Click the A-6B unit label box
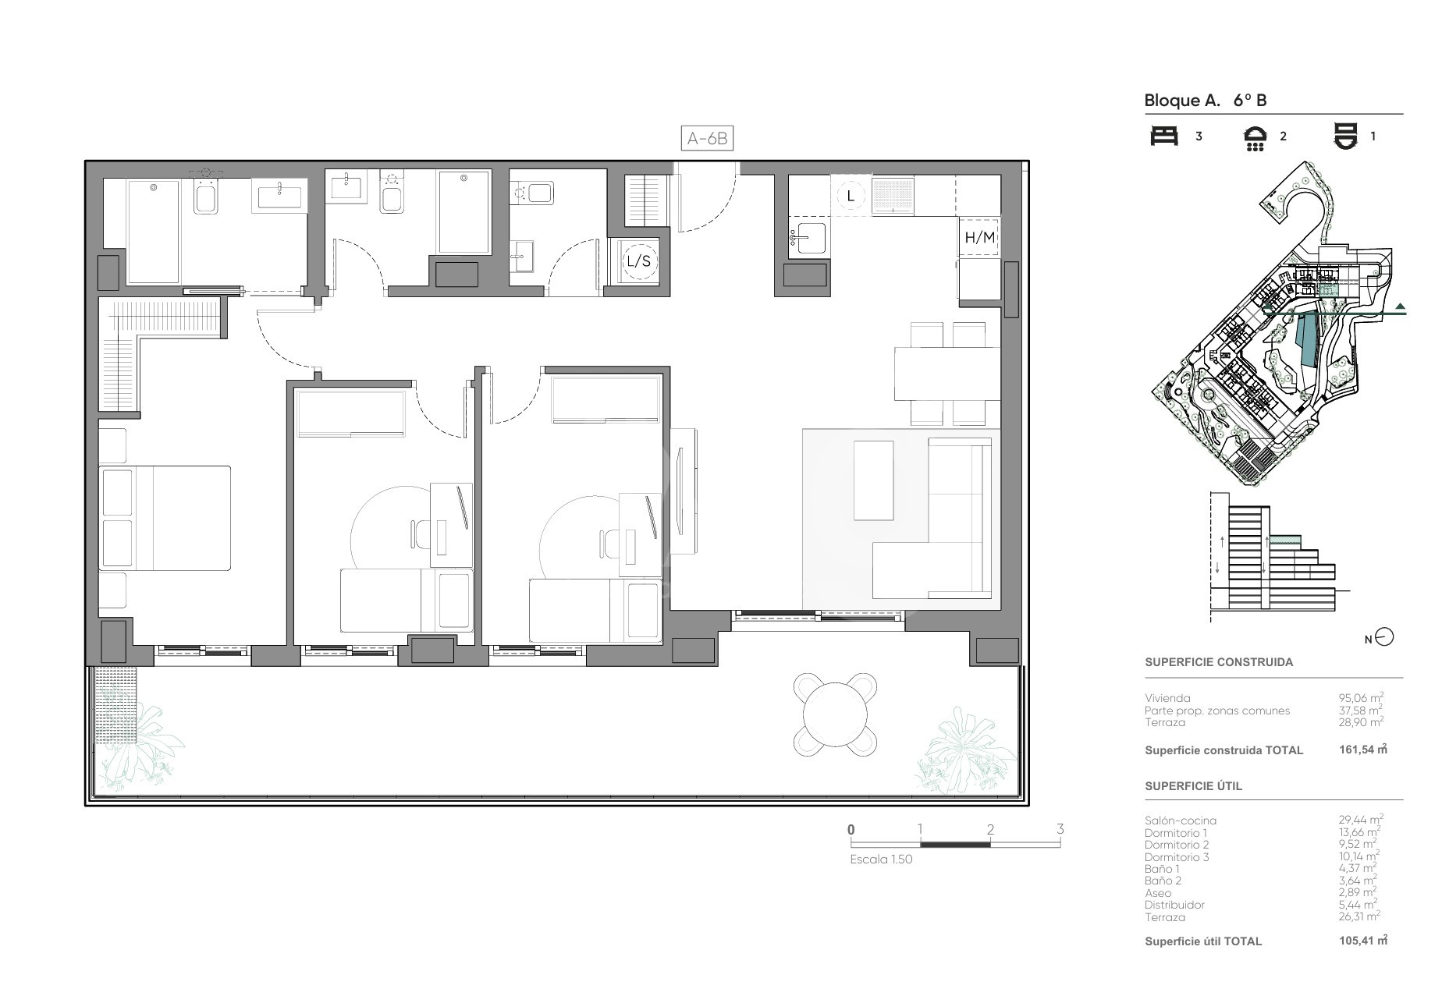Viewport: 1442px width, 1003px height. pyautogui.click(x=708, y=139)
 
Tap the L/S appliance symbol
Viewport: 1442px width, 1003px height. pyautogui.click(x=638, y=261)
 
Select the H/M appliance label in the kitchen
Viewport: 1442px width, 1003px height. pyautogui.click(x=980, y=237)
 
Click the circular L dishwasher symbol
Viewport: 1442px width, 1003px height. pyautogui.click(x=851, y=196)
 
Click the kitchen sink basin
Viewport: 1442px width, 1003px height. pyautogui.click(x=808, y=235)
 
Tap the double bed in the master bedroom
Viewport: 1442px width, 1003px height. pyautogui.click(x=165, y=518)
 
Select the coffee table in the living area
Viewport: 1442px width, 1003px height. pyautogui.click(x=873, y=480)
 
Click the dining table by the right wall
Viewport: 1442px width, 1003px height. pyautogui.click(x=947, y=373)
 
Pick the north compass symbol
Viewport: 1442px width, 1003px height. pyautogui.click(x=1383, y=637)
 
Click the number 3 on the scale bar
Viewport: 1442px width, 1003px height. pyautogui.click(x=1060, y=829)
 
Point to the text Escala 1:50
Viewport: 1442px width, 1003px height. pyautogui.click(x=881, y=859)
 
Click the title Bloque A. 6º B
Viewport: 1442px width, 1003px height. pyautogui.click(x=1205, y=100)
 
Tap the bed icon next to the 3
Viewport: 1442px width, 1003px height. pyautogui.click(x=1164, y=136)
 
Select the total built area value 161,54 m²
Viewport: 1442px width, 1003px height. pyautogui.click(x=1362, y=750)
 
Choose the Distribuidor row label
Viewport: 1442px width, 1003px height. pyautogui.click(x=1174, y=905)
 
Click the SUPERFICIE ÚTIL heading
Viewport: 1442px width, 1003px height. pyautogui.click(x=1193, y=786)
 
